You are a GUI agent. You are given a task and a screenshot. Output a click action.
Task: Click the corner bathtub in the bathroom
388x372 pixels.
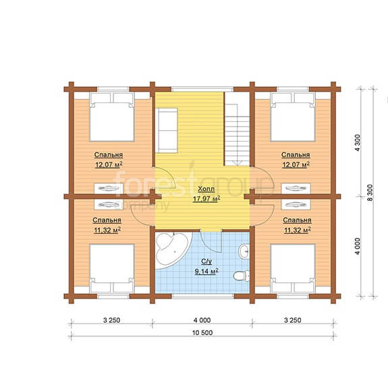[x=173, y=249]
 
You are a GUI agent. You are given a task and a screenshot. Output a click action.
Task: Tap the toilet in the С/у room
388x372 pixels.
[x=242, y=276]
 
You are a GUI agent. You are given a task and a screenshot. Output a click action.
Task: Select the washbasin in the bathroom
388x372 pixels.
[x=244, y=251]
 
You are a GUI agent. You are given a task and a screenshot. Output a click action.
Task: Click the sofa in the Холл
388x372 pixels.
[x=168, y=130]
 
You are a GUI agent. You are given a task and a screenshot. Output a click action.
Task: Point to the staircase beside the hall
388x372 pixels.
[x=237, y=135]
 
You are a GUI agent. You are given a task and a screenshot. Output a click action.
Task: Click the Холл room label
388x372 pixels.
[x=206, y=189]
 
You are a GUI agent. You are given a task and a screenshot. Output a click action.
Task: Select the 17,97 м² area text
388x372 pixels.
[x=206, y=199]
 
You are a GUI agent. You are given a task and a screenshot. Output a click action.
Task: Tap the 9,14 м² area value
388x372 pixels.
[x=206, y=272]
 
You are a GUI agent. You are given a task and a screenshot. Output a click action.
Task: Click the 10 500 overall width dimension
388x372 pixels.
[x=202, y=333]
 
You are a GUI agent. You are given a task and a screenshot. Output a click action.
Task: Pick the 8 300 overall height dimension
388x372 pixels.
[x=370, y=193]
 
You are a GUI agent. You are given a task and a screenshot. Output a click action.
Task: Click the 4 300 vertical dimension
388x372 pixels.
[x=358, y=143]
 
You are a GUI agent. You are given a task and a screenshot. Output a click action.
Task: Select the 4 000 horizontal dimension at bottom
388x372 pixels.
[x=202, y=320]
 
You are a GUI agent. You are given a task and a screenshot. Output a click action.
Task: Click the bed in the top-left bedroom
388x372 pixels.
[x=112, y=117]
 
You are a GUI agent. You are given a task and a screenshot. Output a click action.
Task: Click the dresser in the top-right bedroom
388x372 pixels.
[x=296, y=188]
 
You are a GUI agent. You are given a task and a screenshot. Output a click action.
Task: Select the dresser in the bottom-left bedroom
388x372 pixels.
[x=109, y=204]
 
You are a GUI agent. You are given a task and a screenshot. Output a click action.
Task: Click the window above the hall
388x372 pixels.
[x=202, y=89]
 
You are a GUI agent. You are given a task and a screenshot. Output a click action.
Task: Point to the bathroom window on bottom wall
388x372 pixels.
[x=203, y=296]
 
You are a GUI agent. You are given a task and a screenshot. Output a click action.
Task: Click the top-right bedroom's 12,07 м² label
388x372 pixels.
[x=296, y=164]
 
